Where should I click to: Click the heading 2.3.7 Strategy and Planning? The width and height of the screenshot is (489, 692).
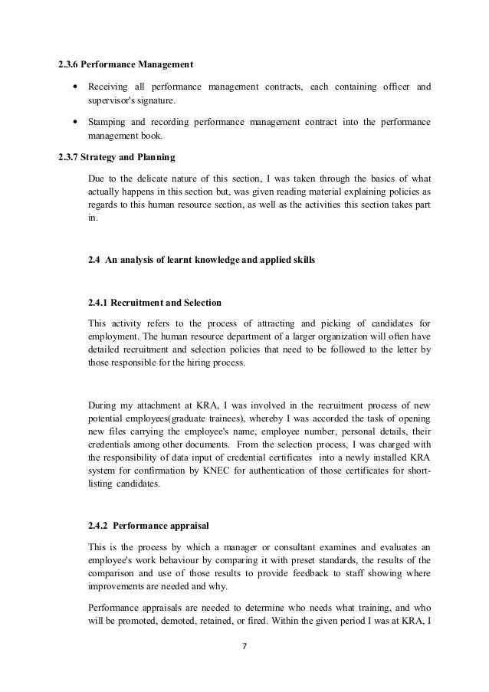click(117, 158)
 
